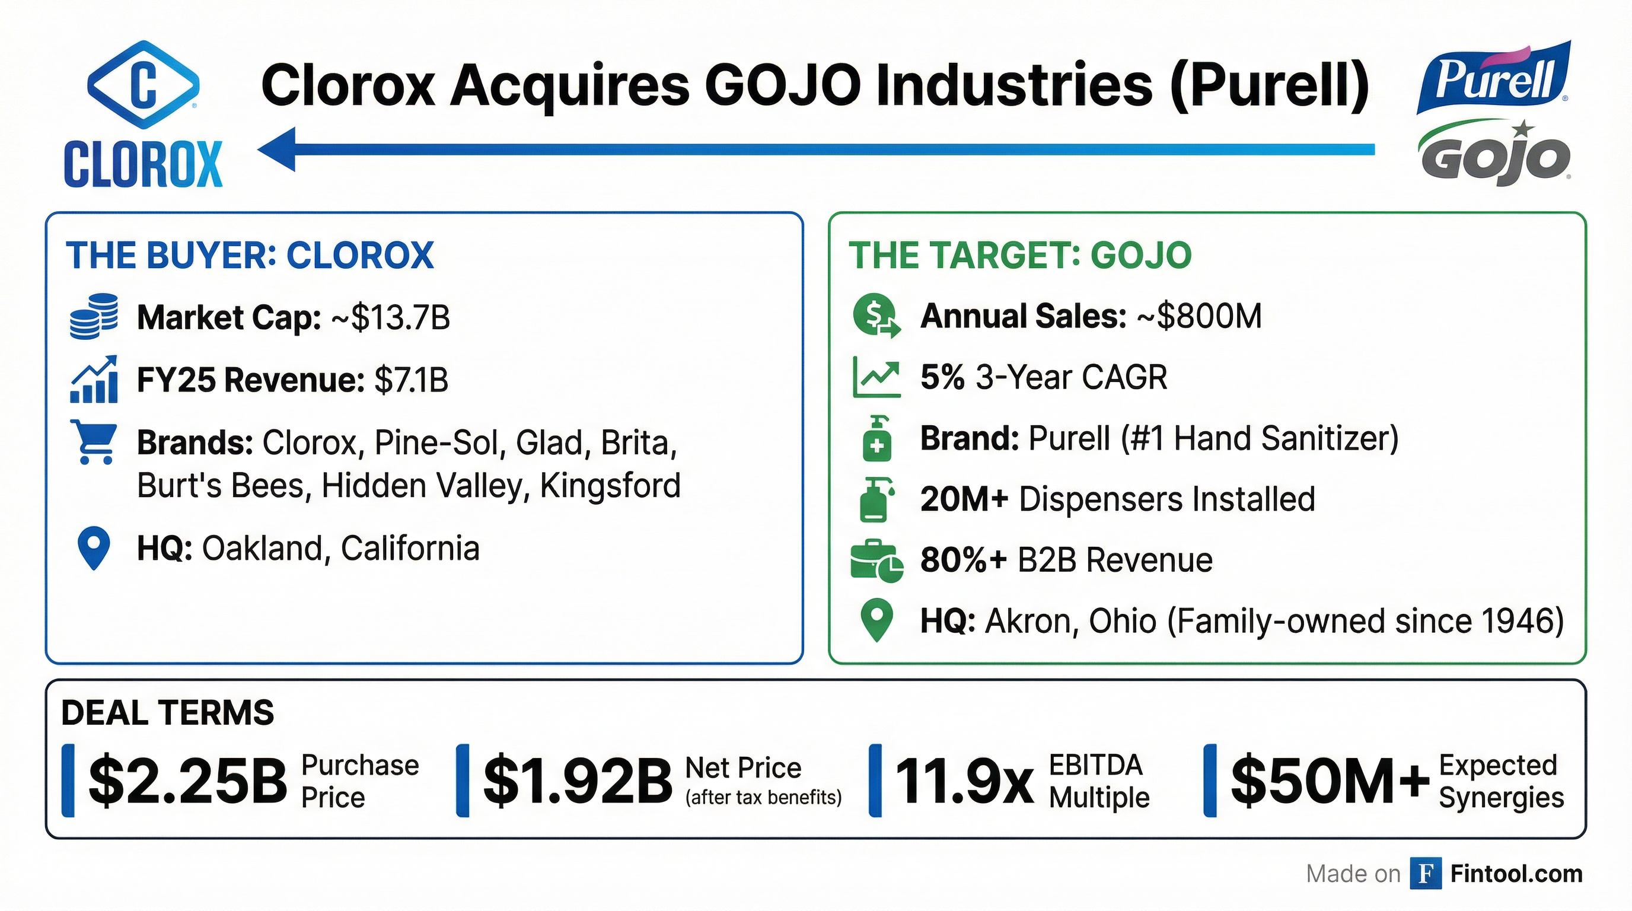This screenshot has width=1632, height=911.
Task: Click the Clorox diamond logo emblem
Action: (143, 85)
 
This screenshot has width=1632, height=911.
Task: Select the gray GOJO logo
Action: (1494, 156)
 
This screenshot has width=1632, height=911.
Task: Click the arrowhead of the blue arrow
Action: (279, 149)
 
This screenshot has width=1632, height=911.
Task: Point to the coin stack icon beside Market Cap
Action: (94, 316)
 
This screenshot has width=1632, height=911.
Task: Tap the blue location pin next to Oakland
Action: (94, 548)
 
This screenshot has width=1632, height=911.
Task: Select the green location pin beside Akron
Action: (877, 620)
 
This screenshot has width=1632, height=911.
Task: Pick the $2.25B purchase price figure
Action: (187, 781)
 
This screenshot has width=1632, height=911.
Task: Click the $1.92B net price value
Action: (577, 781)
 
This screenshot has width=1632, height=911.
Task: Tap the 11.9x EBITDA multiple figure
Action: (964, 781)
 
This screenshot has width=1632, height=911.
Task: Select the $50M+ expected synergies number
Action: (1329, 781)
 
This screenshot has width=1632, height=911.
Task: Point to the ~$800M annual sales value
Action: (1200, 316)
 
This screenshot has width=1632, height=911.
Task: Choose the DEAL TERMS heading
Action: (168, 713)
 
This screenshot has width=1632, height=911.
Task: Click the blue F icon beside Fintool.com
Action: (1426, 874)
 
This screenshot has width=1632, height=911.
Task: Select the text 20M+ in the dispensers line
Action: (964, 499)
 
